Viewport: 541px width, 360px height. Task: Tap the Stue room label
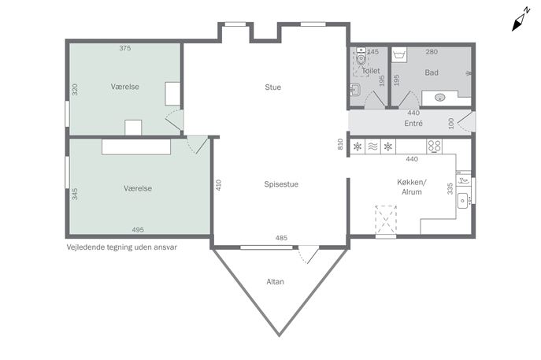[273, 87]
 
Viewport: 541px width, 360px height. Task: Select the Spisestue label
[281, 184]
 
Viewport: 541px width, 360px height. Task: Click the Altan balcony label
[275, 282]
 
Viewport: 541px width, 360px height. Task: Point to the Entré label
[413, 123]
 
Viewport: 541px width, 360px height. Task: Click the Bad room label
[432, 72]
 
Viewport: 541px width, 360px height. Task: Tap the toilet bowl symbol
[361, 57]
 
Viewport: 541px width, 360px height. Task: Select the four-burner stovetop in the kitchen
[434, 147]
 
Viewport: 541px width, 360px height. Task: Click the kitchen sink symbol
[463, 201]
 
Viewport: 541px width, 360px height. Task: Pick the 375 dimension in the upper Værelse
[125, 48]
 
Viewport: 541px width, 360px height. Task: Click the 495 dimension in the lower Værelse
[138, 229]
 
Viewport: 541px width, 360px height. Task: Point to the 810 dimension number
[340, 144]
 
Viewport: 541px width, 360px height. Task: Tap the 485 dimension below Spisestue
[281, 238]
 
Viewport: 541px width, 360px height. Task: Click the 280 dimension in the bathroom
[432, 52]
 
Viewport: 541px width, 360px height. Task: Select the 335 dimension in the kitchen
[450, 189]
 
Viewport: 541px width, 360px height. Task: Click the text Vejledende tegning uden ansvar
[122, 247]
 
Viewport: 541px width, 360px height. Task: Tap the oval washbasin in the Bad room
[439, 98]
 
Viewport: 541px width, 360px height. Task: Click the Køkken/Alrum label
[412, 187]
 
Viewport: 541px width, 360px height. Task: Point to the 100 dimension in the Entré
[451, 124]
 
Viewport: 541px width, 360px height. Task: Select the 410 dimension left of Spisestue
[218, 185]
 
